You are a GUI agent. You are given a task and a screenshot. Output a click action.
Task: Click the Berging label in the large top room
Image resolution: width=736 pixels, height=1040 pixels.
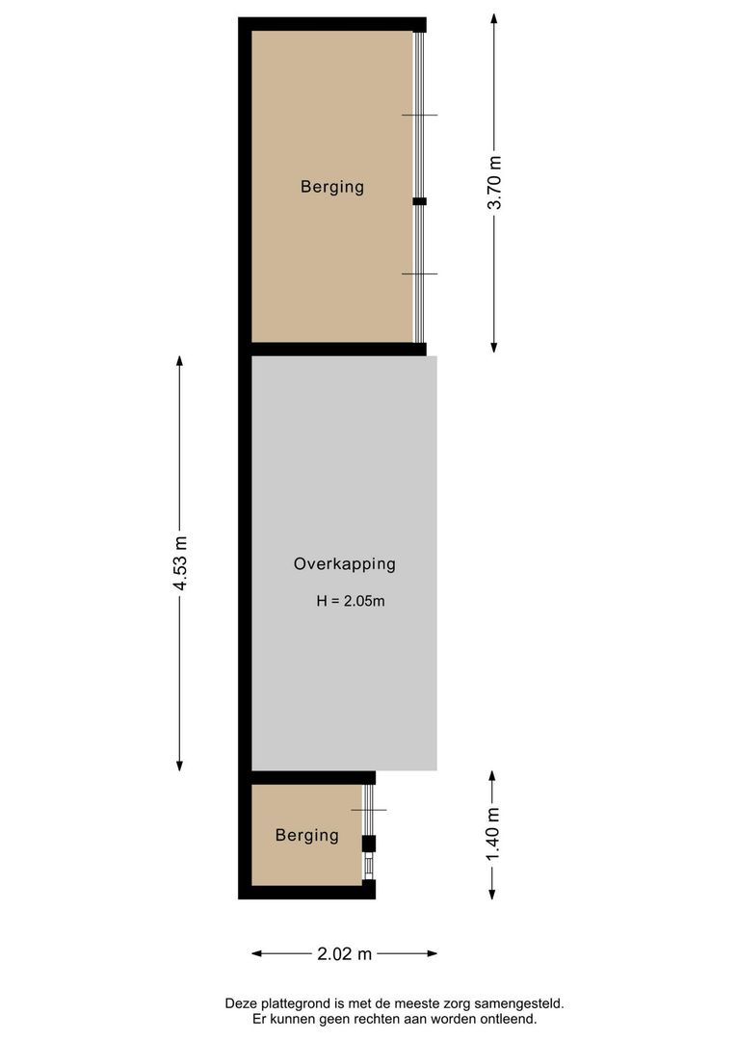point(332,187)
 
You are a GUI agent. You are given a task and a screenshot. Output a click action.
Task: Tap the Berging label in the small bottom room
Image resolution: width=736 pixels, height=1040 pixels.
point(307,835)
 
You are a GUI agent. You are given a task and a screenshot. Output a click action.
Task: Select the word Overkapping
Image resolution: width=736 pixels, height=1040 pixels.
point(345,564)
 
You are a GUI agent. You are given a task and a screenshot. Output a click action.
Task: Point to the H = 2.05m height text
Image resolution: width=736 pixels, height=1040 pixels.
point(351,602)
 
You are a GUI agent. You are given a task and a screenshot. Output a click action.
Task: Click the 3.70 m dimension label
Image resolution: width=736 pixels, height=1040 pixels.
point(494,183)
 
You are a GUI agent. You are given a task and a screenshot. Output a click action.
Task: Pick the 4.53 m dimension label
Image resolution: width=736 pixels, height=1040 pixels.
point(180,565)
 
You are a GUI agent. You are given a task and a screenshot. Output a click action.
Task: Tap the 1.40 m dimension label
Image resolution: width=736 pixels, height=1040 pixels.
point(492,835)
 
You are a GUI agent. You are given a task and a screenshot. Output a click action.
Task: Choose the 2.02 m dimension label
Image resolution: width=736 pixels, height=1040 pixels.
point(344,954)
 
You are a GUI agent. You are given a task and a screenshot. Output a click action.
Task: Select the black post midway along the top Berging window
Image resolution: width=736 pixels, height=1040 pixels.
point(419,201)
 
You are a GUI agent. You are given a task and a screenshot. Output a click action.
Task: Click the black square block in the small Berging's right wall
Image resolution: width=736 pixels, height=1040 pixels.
point(368,844)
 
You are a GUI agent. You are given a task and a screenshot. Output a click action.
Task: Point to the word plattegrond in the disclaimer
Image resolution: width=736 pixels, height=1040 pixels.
point(295,1002)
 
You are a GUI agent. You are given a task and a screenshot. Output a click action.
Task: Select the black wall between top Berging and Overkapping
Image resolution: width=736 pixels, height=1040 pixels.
point(337,349)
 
